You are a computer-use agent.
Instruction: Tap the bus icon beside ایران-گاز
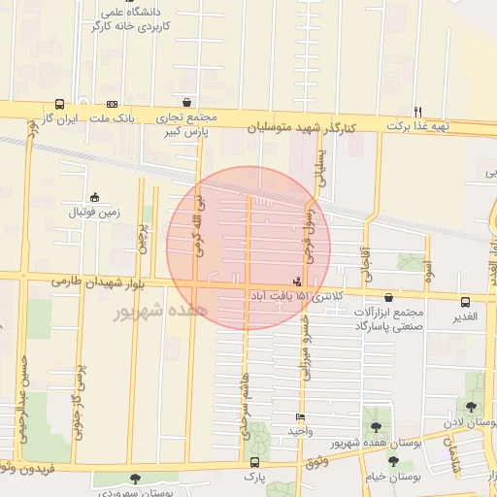click(x=60, y=104)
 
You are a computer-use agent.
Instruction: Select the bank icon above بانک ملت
click(x=113, y=104)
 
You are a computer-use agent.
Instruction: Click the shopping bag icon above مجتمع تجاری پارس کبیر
click(x=185, y=102)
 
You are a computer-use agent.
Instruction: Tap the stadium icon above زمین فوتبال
click(x=94, y=196)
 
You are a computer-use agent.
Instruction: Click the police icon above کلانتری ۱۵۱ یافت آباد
click(x=296, y=282)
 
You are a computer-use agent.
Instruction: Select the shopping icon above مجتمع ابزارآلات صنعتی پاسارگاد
click(x=388, y=298)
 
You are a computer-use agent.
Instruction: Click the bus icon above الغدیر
click(x=465, y=302)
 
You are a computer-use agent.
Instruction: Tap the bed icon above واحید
click(x=300, y=417)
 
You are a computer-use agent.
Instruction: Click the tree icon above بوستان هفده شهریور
click(x=376, y=427)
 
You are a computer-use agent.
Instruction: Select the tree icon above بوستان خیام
click(x=393, y=461)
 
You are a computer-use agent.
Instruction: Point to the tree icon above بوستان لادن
click(x=472, y=408)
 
